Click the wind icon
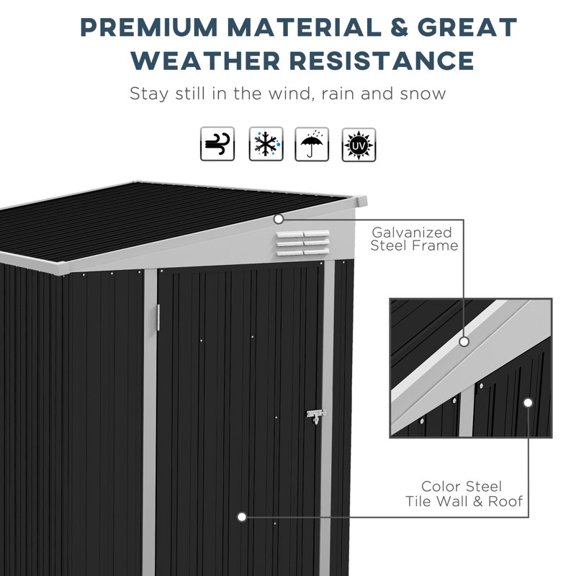point(217,144)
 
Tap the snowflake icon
point(266,144)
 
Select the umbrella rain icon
point(312,144)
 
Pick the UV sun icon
point(359,144)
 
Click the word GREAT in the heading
point(468,27)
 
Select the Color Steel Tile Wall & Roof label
point(463,495)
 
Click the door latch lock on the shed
point(315,416)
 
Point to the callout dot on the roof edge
point(279,217)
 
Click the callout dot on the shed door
point(242,516)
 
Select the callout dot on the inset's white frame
point(464,342)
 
